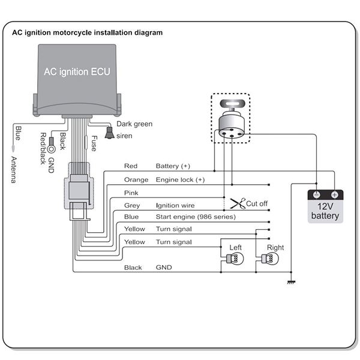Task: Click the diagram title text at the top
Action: tap(87, 33)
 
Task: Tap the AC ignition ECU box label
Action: tap(76, 71)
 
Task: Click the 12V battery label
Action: tap(325, 211)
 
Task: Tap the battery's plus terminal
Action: tap(334, 195)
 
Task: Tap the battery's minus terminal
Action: tap(316, 195)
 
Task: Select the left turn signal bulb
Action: tap(233, 259)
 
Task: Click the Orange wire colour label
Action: tap(136, 179)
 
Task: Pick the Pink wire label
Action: tap(131, 193)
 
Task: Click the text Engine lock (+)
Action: tap(180, 179)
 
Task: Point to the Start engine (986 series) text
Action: tap(196, 217)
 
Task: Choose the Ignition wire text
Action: tap(175, 205)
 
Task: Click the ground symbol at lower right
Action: tap(291, 281)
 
